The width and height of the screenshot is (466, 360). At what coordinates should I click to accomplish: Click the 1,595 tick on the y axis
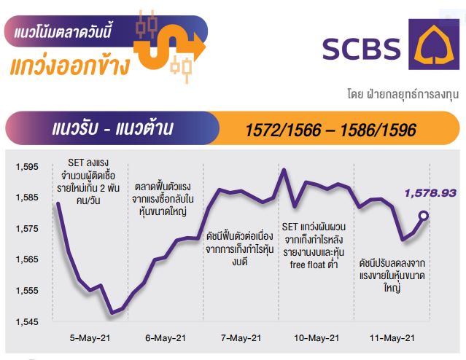[27, 167]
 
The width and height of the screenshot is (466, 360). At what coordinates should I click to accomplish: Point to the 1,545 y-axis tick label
[27, 321]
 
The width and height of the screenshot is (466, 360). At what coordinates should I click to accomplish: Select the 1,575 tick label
[27, 229]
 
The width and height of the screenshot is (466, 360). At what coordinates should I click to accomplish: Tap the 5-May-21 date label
[90, 338]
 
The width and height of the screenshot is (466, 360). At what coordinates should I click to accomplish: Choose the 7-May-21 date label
[241, 338]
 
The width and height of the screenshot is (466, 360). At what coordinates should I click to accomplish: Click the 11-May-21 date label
[392, 338]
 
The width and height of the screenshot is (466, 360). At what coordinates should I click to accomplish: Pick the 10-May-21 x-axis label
[317, 338]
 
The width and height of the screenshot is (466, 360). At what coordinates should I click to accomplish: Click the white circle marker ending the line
[424, 216]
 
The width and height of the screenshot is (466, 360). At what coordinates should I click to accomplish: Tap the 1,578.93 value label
[430, 193]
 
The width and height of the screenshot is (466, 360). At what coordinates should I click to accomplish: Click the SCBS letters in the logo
[362, 49]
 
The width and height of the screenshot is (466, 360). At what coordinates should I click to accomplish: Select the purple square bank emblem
[434, 44]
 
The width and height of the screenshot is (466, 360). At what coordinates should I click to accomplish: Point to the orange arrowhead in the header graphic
[199, 47]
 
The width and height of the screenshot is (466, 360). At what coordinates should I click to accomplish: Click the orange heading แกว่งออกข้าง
[70, 65]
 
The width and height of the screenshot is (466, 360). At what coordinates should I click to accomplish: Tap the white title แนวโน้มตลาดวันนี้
[63, 31]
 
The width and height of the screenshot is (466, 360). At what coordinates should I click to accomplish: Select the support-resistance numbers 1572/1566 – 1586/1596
[331, 130]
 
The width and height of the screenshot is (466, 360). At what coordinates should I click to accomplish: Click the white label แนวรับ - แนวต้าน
[112, 128]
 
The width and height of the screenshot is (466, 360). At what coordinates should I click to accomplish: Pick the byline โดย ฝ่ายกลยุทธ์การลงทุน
[403, 94]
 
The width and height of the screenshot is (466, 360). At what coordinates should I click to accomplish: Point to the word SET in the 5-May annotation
[75, 163]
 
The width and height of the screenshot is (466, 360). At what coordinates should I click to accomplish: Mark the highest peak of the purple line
[284, 170]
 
